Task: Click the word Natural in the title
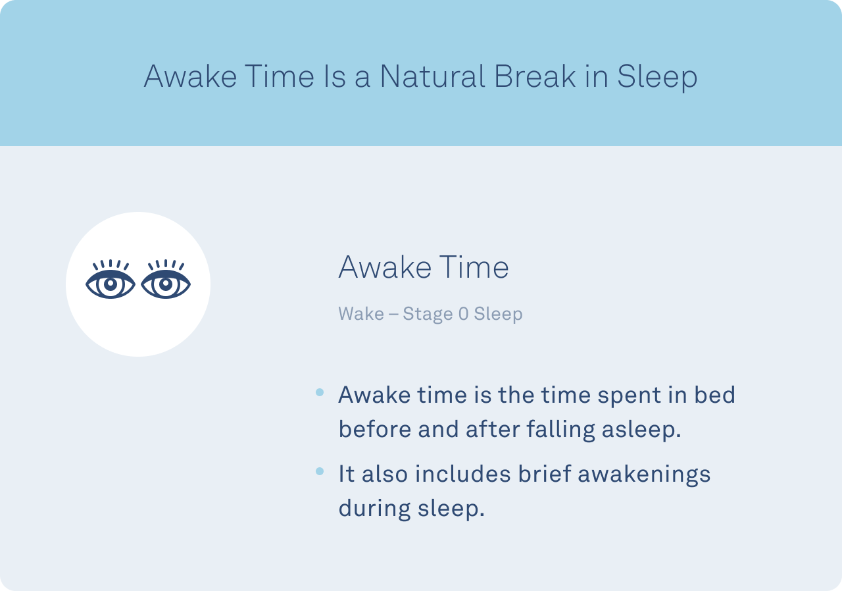(432, 76)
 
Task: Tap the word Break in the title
(535, 76)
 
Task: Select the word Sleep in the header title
(657, 78)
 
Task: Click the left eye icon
(110, 279)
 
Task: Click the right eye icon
(166, 279)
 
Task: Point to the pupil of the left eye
(110, 284)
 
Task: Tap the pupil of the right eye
(166, 284)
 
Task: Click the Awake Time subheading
(424, 267)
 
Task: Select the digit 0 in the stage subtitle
(464, 313)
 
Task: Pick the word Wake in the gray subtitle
(361, 313)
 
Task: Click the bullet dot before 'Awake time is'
(320, 392)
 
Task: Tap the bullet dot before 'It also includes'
(320, 471)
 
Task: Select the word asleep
(641, 430)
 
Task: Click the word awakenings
(644, 475)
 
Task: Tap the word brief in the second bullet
(545, 473)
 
